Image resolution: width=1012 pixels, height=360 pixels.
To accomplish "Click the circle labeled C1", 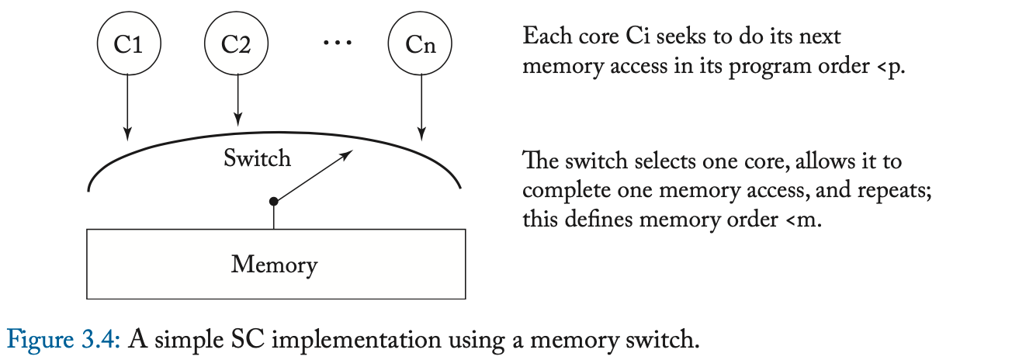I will (x=129, y=44).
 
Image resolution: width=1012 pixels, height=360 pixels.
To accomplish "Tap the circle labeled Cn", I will (x=420, y=44).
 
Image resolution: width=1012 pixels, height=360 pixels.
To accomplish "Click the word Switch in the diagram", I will (x=257, y=159).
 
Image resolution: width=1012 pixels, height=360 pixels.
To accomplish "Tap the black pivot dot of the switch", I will (x=273, y=202).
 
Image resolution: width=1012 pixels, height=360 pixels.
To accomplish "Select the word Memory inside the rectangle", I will (x=274, y=265).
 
